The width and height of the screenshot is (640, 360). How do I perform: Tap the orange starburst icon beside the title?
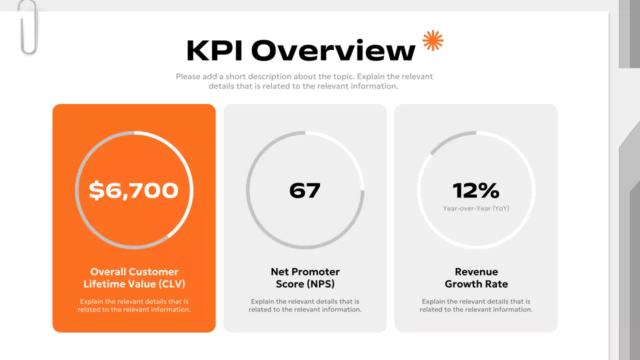[x=433, y=41]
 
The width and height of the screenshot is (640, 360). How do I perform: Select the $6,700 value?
[x=133, y=190]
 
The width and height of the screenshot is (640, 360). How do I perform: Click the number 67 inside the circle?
[x=304, y=190]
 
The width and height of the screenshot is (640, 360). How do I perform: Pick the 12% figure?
[x=476, y=190]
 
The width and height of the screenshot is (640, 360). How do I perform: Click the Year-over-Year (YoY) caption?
[x=476, y=208]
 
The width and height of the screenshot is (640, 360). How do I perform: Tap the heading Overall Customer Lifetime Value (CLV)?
[x=134, y=278]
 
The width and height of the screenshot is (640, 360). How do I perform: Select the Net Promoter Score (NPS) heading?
[x=305, y=278]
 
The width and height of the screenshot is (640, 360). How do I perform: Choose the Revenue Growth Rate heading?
[x=476, y=278]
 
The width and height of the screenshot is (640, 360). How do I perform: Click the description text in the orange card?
[x=134, y=305]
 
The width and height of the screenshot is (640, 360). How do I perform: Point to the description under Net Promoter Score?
[x=305, y=305]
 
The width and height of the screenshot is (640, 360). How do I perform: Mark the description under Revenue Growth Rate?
[x=476, y=305]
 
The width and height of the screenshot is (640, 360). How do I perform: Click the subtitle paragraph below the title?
[x=304, y=81]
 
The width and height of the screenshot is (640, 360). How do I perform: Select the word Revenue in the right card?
[x=476, y=272]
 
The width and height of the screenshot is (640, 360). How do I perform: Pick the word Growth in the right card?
[x=462, y=284]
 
